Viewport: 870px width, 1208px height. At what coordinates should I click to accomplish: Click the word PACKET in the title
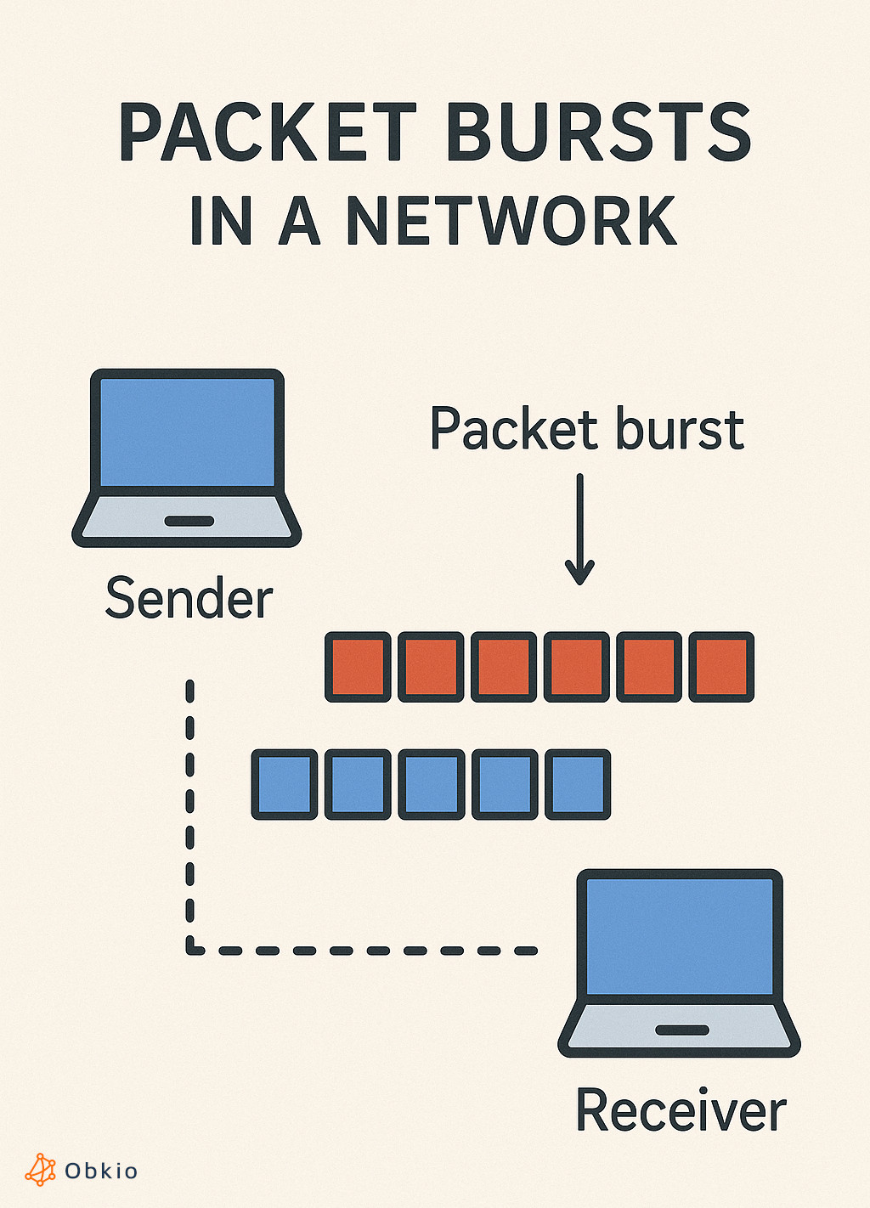pos(268,133)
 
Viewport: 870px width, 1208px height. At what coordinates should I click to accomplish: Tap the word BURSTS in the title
pos(599,133)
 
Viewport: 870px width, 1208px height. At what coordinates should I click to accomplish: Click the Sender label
pos(189,599)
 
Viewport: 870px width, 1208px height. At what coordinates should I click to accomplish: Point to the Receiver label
pos(681,1110)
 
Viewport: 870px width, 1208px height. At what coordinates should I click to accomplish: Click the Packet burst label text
pos(586,429)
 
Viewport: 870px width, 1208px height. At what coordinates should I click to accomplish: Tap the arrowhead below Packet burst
pos(579,573)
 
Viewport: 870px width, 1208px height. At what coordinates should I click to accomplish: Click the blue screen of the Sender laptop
pos(187,432)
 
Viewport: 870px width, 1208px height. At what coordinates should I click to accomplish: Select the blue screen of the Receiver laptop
pos(680,934)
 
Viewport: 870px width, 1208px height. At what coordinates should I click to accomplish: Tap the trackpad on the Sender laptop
pos(189,521)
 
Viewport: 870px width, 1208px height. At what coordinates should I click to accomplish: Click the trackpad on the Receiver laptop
pos(681,1030)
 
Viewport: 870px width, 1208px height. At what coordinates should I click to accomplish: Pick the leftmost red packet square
pos(358,667)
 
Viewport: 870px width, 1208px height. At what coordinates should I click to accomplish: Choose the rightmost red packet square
pos(721,667)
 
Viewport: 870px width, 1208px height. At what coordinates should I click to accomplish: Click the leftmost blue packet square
pos(285,784)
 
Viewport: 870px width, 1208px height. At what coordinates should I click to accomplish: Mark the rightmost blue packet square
pos(577,784)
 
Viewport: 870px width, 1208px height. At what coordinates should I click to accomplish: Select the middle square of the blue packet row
pos(431,784)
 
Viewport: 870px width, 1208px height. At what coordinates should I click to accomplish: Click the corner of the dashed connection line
pos(190,949)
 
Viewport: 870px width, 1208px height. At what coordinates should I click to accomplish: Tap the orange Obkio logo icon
pos(40,1170)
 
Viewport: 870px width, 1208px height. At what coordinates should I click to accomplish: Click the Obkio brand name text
pos(101,1171)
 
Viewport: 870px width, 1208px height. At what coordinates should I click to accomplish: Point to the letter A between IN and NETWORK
pos(299,221)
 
